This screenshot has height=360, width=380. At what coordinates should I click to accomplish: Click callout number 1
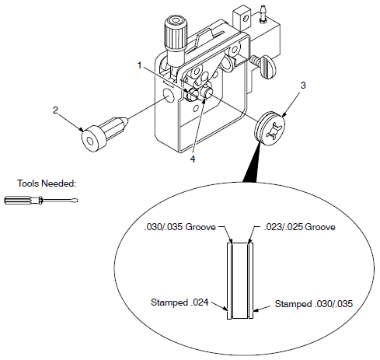[x=139, y=65]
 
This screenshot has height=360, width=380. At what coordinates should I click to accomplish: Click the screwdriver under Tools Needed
[x=40, y=201]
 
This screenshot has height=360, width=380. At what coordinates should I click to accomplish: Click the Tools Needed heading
[x=46, y=184]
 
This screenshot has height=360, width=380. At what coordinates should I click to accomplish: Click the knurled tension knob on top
[x=173, y=36]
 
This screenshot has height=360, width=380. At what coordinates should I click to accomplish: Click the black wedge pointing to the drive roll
[x=252, y=163]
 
